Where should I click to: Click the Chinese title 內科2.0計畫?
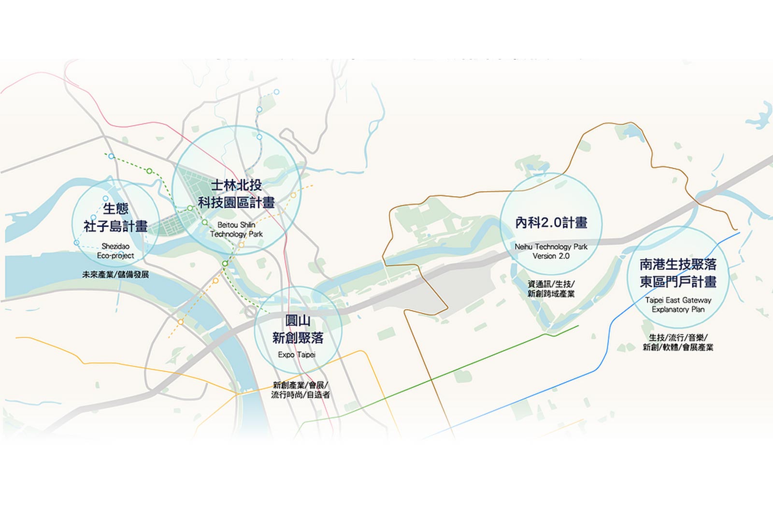pos(551,223)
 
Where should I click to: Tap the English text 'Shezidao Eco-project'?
pos(115,251)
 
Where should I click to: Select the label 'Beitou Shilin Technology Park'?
pos(236,230)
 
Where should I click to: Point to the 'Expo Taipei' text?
pos(297,355)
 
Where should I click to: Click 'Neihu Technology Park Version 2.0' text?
pos(551,251)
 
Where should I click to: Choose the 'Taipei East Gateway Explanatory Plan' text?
pos(678,304)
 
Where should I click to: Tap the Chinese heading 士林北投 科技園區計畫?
pos(236,194)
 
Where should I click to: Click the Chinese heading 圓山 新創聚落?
pos(298,330)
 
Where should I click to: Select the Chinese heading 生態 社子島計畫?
pos(115,217)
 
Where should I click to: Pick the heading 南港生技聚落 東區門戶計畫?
pos(678,273)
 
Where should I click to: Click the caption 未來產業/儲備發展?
pos(115,274)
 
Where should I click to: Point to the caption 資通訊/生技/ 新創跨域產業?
pos(551,289)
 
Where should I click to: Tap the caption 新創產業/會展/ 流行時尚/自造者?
pos(301,390)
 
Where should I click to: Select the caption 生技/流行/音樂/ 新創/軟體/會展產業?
pos(678,342)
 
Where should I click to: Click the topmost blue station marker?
pos(276,92)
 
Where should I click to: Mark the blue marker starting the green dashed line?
pos(111,156)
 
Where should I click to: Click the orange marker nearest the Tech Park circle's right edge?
pos(293,195)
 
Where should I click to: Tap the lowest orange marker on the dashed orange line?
pos(181,322)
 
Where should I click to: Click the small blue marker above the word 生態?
pos(106,199)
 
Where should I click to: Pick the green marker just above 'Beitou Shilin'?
pos(205,222)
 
